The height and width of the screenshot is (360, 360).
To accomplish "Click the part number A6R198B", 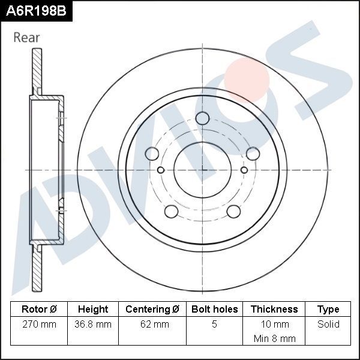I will (x=36, y=10).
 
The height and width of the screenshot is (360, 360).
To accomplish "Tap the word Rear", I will (x=26, y=37).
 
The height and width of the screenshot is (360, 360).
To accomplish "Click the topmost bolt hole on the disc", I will (x=202, y=118).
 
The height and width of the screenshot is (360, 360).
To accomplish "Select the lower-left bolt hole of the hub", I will (x=171, y=211).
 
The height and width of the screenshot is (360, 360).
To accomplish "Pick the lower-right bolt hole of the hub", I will (x=233, y=211).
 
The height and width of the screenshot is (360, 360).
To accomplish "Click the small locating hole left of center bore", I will (x=160, y=170).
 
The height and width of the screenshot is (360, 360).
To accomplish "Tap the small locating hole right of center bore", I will (x=244, y=170).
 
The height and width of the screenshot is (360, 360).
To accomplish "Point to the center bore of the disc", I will (x=202, y=170).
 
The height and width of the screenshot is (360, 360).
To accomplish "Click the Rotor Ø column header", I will (x=39, y=309).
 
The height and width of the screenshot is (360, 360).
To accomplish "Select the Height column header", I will (x=93, y=309).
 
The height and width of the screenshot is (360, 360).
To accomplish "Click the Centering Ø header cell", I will (x=152, y=309).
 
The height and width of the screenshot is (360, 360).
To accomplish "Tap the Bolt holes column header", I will (x=214, y=309).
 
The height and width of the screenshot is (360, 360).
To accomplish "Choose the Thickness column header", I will (x=274, y=309).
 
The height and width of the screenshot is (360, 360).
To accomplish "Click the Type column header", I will (x=328, y=309).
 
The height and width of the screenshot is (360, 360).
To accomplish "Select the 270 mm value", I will (x=39, y=325).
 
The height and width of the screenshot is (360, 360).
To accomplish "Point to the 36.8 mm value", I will (x=93, y=325).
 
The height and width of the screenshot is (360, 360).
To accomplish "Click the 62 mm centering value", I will (x=152, y=325).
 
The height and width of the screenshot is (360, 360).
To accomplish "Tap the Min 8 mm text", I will (x=274, y=338).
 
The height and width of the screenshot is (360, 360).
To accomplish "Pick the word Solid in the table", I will (x=328, y=325).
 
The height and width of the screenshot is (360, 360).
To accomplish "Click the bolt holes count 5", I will (x=214, y=325).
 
